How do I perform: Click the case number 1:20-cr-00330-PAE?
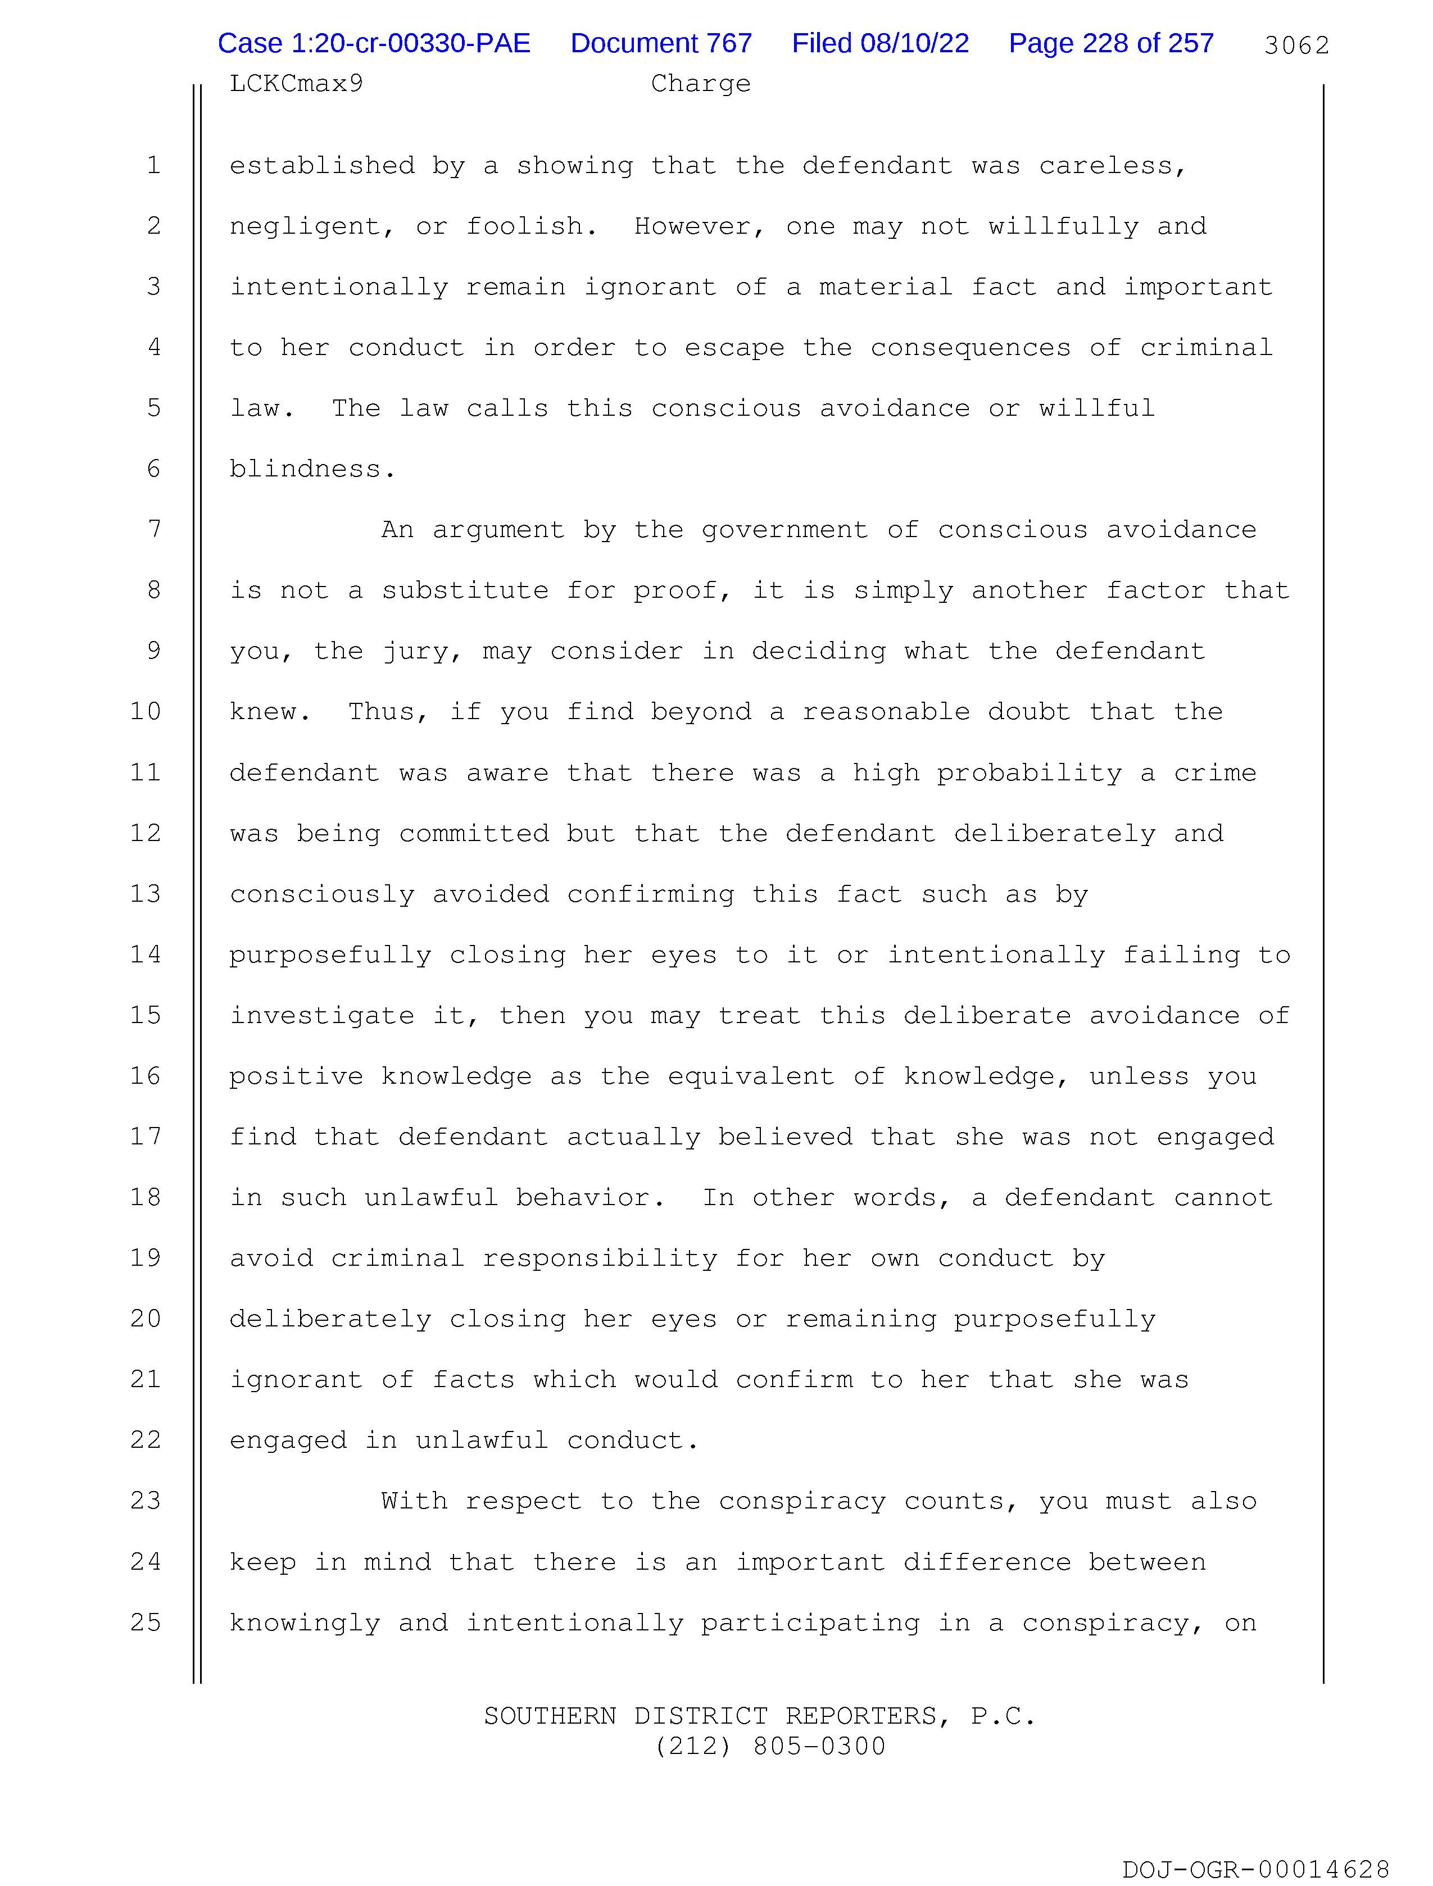tap(374, 43)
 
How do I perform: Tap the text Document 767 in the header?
tap(661, 43)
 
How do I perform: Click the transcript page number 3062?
tap(1296, 45)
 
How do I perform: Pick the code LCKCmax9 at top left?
tap(296, 84)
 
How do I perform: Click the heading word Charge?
tap(700, 84)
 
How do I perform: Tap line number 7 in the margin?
tap(153, 529)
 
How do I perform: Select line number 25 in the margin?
tap(146, 1622)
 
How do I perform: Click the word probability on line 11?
tap(1030, 772)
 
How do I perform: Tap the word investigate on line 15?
tap(321, 1015)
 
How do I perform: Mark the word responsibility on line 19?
tap(600, 1258)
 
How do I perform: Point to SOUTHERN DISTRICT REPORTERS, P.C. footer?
tap(759, 1715)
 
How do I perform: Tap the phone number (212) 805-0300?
tap(769, 1746)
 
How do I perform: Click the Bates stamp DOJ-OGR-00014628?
tap(1255, 1870)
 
